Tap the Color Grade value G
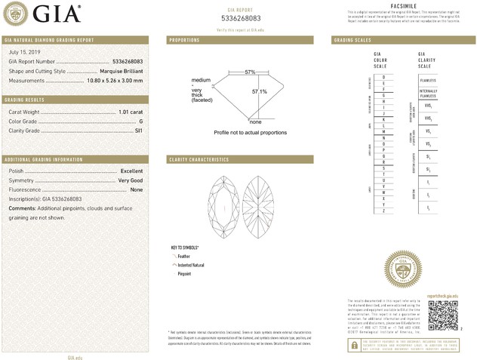tap(141, 121)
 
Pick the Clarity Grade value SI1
tap(139, 131)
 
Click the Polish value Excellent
tap(132, 171)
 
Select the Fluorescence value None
tap(137, 189)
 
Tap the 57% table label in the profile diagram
tap(250, 72)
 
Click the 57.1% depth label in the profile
tap(260, 92)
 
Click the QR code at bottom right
tap(443, 313)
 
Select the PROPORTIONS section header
tap(185, 39)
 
